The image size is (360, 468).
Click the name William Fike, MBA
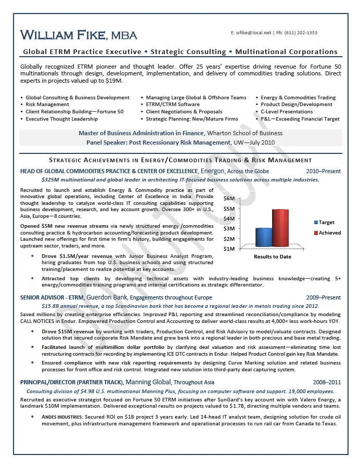tap(79, 35)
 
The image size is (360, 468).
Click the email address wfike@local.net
tap(254, 33)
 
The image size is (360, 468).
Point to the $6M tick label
tap(229, 199)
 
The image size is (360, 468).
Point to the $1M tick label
tap(229, 249)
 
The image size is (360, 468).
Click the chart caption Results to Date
tap(272, 256)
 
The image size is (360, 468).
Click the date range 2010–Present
tap(324, 171)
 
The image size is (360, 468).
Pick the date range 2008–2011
tap(326, 382)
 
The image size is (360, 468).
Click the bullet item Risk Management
tap(47, 105)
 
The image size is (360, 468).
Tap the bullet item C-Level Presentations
tap(287, 112)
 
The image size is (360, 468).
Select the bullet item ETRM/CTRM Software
tap(173, 105)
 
